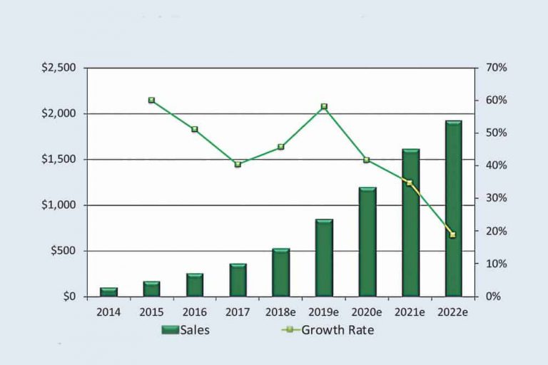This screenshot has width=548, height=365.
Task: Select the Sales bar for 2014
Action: coord(108,292)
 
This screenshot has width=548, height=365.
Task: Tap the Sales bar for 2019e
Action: coord(324,257)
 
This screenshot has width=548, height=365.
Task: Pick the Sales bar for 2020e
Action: coord(367,242)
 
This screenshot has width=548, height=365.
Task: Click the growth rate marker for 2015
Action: coord(151,101)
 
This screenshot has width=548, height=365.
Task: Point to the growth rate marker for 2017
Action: coord(238,165)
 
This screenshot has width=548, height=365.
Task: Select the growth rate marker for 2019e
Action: coord(324,107)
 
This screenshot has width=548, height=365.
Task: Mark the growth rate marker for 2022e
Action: coord(452,235)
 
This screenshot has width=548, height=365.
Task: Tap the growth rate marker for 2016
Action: coord(194,130)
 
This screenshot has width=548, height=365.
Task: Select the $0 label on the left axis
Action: coord(68,297)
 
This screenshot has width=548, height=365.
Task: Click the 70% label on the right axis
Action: coord(497,68)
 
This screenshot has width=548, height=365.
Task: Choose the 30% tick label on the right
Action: coord(497,198)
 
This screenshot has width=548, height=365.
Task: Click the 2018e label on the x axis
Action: coord(280,312)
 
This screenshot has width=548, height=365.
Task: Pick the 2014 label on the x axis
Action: coord(108,312)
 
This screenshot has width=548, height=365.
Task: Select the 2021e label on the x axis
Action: coord(410,312)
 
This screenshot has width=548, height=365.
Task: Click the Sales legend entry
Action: coord(186,330)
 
